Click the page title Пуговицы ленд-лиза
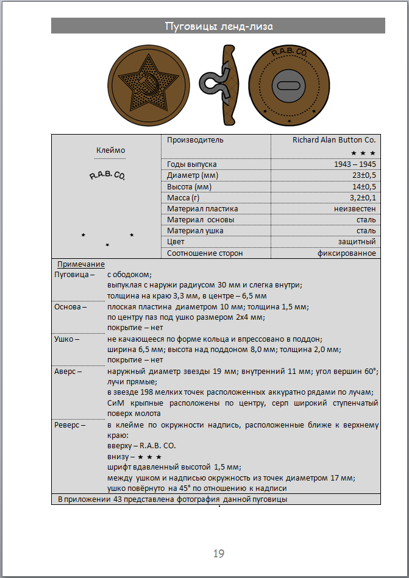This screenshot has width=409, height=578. click(x=218, y=26)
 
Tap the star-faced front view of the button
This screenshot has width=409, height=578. click(x=148, y=83)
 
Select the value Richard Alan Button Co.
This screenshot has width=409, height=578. click(x=334, y=139)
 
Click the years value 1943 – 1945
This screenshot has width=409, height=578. click(x=355, y=164)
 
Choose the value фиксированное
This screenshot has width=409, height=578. click(x=346, y=253)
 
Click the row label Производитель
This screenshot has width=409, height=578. click(x=195, y=139)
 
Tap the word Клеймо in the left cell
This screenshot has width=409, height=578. click(x=110, y=150)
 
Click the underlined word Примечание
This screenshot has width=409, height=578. click(x=81, y=264)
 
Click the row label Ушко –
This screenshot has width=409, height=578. click(x=66, y=338)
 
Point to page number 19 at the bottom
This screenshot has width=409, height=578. click(x=219, y=553)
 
